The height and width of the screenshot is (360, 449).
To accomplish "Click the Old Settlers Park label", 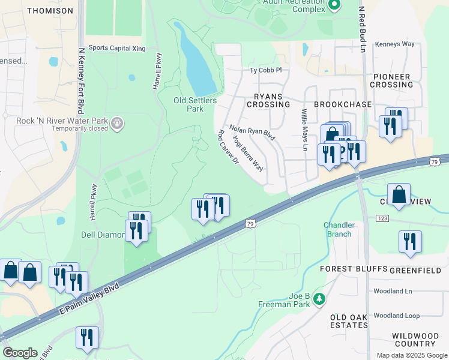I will coord(195,105).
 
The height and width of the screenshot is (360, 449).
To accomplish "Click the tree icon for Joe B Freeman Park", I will coord(320,298).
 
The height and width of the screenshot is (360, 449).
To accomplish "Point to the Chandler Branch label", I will coord(339,229).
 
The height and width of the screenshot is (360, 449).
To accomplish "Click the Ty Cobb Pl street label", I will coord(265,70).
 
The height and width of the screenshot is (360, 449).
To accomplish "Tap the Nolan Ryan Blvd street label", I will coord(252,133).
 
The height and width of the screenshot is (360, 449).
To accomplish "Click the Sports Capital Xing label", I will coord(117,47).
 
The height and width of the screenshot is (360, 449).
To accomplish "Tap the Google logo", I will coord(19,352).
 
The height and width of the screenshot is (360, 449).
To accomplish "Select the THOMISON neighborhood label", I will coord(50,11).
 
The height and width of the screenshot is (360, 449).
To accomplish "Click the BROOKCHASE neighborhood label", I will coord(342,104).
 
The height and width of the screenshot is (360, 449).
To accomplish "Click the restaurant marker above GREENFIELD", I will coord(410,241).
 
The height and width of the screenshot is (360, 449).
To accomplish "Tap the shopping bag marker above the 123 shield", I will coord(399,194).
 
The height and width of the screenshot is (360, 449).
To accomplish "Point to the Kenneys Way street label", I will coord(394,44).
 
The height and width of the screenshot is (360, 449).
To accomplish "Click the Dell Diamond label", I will coord(103,235).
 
